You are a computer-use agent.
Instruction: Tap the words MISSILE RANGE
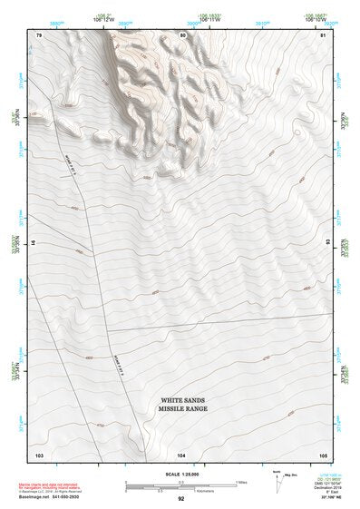click(x=185, y=409)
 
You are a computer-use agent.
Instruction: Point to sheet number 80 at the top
click(x=184, y=35)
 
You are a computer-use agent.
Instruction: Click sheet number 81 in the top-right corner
click(x=323, y=35)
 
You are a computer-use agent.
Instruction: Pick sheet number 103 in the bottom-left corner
click(x=40, y=454)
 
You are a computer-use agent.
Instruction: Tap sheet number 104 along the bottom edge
click(x=182, y=454)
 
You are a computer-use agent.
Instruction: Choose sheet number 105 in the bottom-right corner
click(x=323, y=454)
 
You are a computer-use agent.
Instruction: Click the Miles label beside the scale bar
click(x=242, y=481)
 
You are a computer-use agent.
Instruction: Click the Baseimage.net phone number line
click(x=52, y=498)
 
